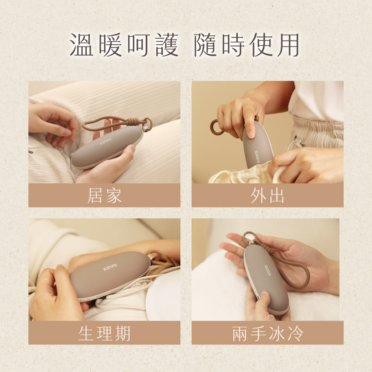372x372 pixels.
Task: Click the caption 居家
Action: click(x=105, y=196)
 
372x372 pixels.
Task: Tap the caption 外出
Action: click(x=267, y=196)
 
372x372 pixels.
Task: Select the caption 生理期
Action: click(x=105, y=333)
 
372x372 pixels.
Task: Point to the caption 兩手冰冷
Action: click(x=267, y=333)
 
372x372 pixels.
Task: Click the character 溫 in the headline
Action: click(x=81, y=45)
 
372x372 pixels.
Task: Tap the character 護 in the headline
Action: click(x=167, y=45)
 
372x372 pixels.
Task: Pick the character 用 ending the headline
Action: click(x=288, y=45)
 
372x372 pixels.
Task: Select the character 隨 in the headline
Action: click(x=205, y=45)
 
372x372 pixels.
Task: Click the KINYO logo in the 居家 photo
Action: click(x=105, y=141)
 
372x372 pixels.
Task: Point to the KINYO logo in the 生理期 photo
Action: click(x=110, y=267)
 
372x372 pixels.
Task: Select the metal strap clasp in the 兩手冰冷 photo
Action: click(x=250, y=243)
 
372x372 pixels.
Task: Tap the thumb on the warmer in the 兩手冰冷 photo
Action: click(x=264, y=299)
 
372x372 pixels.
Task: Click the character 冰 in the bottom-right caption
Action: click(x=277, y=333)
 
